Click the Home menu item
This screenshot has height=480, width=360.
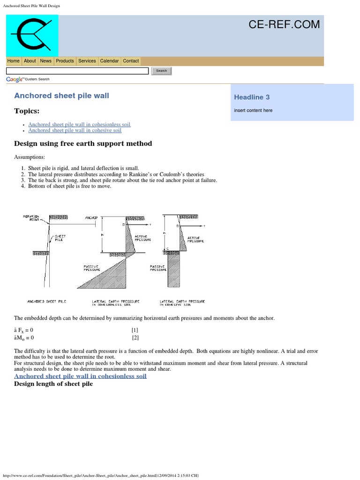point(14,61)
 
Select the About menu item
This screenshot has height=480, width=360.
point(30,61)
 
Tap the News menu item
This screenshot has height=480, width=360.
point(46,61)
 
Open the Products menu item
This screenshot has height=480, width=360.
point(65,61)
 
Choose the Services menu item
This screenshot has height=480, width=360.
point(87,61)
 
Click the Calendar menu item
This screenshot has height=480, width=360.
point(109,61)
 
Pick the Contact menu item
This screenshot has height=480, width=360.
point(131,61)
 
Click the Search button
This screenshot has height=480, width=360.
point(161,71)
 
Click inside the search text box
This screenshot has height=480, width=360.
point(77,71)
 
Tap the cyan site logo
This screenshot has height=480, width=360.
point(32,36)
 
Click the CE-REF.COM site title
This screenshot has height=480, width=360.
point(285,24)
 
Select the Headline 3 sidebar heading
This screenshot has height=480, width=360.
point(252,97)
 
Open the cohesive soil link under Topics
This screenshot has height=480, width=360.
point(75,131)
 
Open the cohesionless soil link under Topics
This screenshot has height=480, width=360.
point(79,125)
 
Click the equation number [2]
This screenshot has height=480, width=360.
point(135,337)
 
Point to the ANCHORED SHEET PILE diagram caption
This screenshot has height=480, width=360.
point(47,301)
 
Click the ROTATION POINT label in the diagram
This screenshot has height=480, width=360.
point(31,218)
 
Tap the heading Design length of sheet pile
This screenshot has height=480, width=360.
point(53,384)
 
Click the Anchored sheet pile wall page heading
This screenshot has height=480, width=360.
point(61,96)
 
